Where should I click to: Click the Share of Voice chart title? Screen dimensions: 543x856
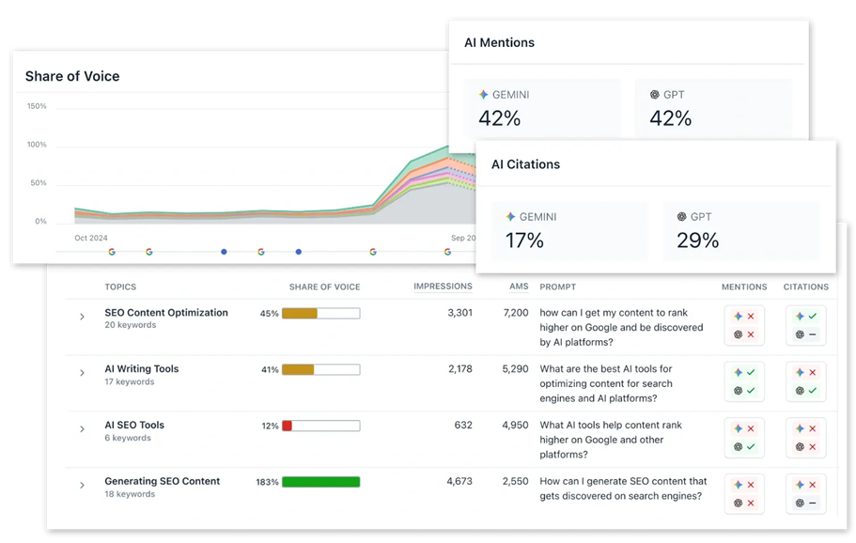point(72,76)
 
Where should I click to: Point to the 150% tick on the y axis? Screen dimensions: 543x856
point(36,106)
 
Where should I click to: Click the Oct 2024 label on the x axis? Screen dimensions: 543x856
point(92,238)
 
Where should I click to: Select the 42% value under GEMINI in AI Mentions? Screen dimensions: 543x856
point(499,118)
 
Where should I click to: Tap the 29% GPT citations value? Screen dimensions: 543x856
point(697,240)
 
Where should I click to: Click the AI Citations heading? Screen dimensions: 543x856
point(525,164)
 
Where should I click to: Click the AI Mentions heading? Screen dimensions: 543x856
point(499,43)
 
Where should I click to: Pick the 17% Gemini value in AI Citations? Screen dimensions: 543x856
point(524,240)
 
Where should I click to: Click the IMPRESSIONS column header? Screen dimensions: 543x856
point(443,287)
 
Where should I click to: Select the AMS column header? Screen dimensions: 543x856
point(518,287)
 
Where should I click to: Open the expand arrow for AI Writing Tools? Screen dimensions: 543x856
point(83,373)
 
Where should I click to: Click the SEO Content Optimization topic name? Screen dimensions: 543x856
point(166,313)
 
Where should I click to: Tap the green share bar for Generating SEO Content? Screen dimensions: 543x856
point(320,482)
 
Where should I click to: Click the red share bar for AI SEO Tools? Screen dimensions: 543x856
point(288,426)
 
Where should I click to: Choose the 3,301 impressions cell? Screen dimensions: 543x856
point(456,313)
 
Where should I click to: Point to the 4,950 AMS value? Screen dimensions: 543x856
point(515,426)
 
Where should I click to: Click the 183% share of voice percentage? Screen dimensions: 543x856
point(267,482)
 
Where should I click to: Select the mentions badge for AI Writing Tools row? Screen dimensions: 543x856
point(744,380)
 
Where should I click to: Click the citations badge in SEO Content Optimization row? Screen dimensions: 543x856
point(805,325)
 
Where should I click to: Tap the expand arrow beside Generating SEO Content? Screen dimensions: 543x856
point(83,486)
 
